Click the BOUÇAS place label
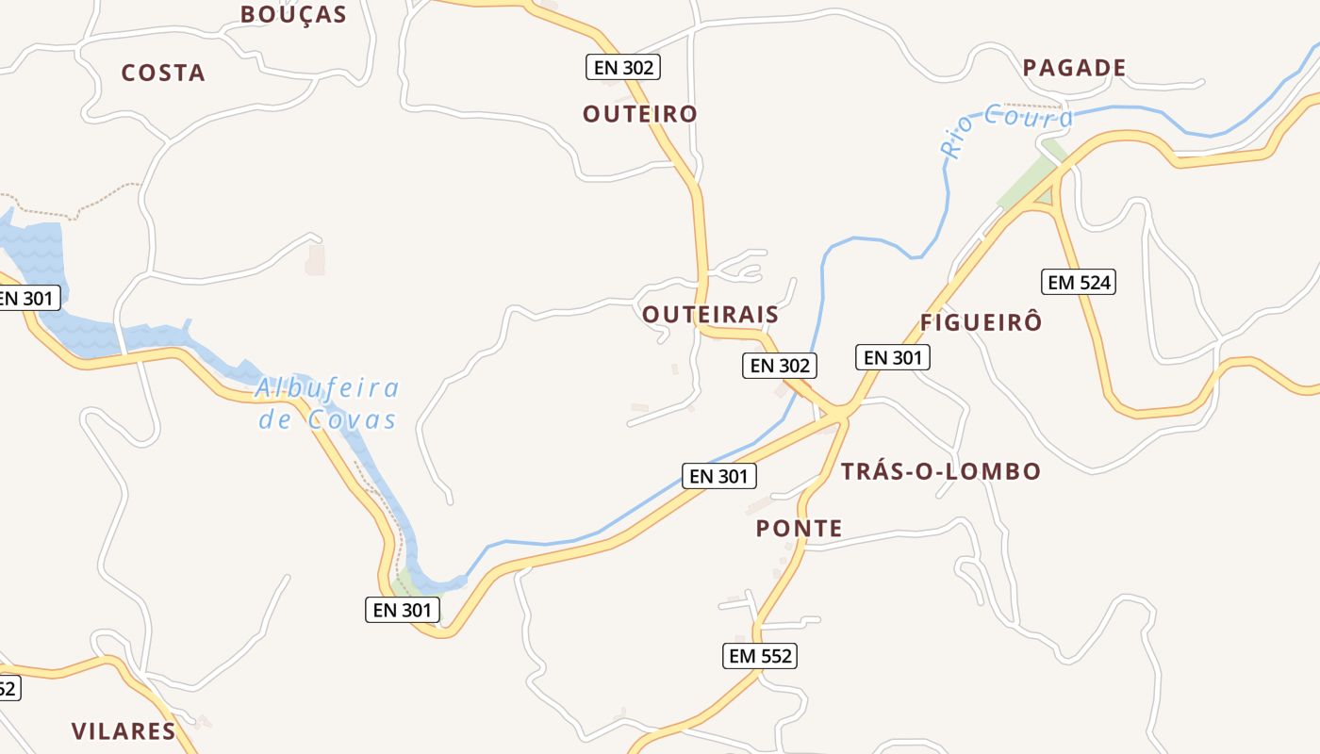pyautogui.click(x=293, y=14)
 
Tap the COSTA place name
pyautogui.click(x=163, y=73)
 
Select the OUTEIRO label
pyautogui.click(x=640, y=114)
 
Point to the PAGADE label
pyautogui.click(x=1074, y=68)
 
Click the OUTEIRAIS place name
pyautogui.click(x=711, y=315)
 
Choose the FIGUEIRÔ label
pyautogui.click(x=981, y=321)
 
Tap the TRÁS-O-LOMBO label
pyautogui.click(x=940, y=471)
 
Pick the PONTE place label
pyautogui.click(x=799, y=529)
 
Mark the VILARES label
pyautogui.click(x=124, y=730)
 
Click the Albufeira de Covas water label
pyautogui.click(x=328, y=403)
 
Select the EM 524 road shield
pyautogui.click(x=1079, y=282)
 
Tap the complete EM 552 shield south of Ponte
pyautogui.click(x=760, y=656)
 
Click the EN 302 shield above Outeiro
pyautogui.click(x=622, y=67)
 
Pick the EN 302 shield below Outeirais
pyautogui.click(x=779, y=366)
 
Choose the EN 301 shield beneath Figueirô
pyautogui.click(x=892, y=357)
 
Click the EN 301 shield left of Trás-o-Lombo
pyautogui.click(x=718, y=476)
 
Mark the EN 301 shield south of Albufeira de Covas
pyautogui.click(x=403, y=610)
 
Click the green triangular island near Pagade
pyautogui.click(x=1042, y=198)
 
